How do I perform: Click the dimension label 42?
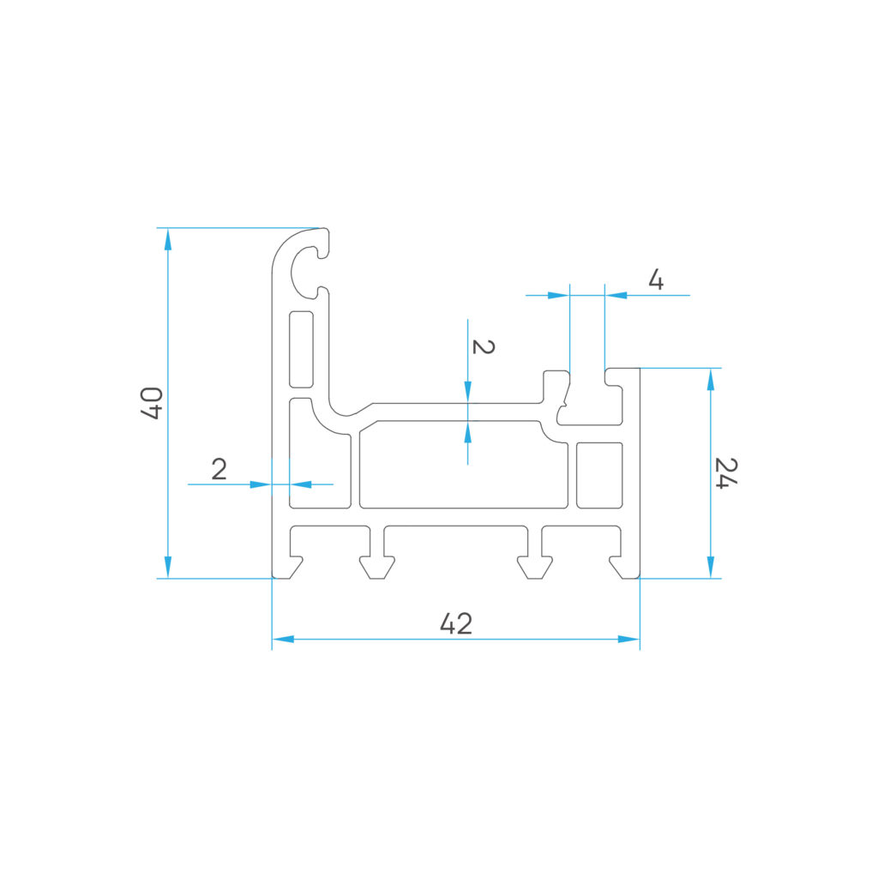tap(456, 623)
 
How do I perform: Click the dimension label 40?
tap(152, 403)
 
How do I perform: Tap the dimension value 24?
tap(725, 473)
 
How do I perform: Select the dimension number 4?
tap(656, 280)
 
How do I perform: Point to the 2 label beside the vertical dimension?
tap(484, 346)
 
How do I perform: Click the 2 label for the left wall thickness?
tap(219, 469)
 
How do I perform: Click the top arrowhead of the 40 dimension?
tap(167, 239)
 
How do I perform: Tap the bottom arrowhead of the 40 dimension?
tap(167, 568)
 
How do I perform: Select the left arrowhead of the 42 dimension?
tap(283, 639)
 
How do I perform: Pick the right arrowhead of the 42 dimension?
tap(628, 639)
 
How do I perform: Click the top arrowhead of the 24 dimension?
tap(711, 379)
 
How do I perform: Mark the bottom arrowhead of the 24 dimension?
tap(711, 568)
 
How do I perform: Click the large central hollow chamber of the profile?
tap(464, 465)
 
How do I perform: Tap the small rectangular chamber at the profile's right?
tap(599, 475)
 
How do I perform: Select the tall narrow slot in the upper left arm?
tap(301, 350)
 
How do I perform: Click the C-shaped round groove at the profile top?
tap(305, 272)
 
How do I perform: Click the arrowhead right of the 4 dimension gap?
tap(616, 295)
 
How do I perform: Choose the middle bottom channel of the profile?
tap(455, 546)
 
